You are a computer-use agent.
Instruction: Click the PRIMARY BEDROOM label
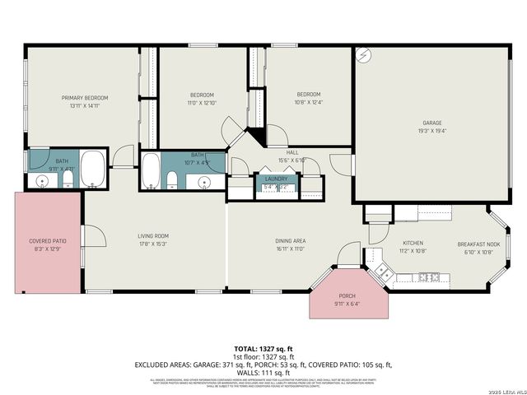tap(85, 98)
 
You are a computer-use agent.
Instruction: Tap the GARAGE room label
tap(432, 123)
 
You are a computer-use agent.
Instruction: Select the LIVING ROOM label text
tap(153, 236)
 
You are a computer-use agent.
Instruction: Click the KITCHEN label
tap(412, 244)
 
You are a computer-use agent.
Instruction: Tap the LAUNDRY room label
tap(276, 179)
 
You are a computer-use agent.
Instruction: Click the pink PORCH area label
tap(348, 297)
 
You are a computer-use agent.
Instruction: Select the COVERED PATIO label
tap(48, 241)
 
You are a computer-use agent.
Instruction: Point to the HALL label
tap(292, 152)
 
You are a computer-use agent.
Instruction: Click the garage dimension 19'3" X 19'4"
tap(432, 131)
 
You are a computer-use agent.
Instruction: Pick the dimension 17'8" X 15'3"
tap(153, 244)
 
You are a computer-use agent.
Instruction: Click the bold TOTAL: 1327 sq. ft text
tap(263, 349)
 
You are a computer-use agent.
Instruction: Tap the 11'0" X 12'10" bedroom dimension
tap(202, 103)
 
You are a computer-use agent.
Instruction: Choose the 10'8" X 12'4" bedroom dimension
tap(309, 102)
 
